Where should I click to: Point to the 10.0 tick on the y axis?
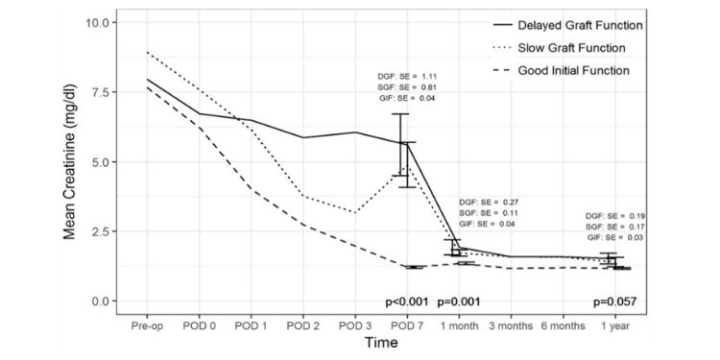tap(105, 22)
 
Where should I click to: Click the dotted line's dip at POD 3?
tap(355, 212)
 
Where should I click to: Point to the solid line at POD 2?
tap(303, 137)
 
